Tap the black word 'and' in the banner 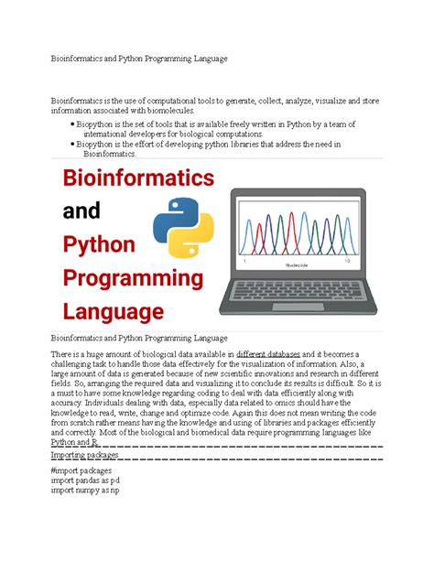click(x=81, y=211)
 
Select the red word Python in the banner click(x=98, y=245)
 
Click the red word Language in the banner click(x=112, y=312)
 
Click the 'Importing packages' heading click(x=85, y=454)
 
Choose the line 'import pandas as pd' click(x=85, y=480)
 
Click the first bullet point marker click(x=73, y=124)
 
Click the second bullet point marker click(x=73, y=145)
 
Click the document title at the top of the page click(x=138, y=59)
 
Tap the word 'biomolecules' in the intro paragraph click(x=162, y=111)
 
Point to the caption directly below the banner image click(x=138, y=339)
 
